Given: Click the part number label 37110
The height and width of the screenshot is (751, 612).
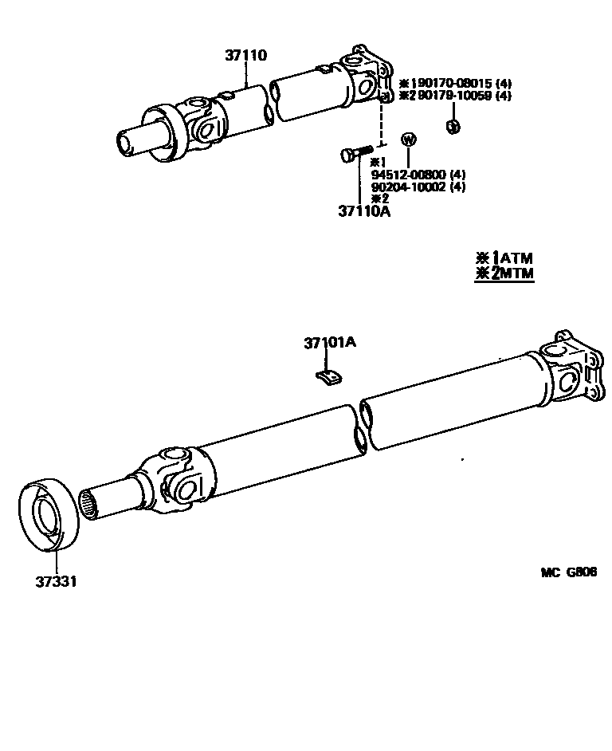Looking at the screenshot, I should pos(245,56).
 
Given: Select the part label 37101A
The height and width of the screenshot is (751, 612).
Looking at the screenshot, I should pos(329,344).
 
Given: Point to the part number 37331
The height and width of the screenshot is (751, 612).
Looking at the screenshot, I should pos(56,580).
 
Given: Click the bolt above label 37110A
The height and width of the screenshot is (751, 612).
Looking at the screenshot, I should pos(356,153).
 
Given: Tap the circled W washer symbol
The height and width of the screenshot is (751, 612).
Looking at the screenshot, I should pos(409,140).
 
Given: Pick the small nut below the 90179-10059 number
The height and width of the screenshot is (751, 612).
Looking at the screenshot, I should pos(453,126).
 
